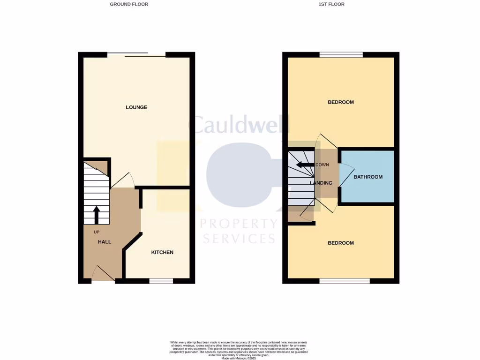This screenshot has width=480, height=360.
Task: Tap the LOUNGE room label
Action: (136, 107)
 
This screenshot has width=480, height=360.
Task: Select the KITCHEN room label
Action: (162, 252)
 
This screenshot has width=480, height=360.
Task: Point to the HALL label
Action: (105, 242)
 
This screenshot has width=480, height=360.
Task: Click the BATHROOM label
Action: (368, 177)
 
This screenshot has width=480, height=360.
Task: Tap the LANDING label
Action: (321, 183)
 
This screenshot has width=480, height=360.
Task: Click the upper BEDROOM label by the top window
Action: (341, 102)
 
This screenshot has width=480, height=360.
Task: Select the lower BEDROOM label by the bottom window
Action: (341, 243)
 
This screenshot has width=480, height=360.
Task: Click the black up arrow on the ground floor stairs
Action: (97, 215)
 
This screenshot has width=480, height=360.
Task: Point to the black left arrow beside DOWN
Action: (305, 165)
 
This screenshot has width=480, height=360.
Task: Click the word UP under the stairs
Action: (97, 232)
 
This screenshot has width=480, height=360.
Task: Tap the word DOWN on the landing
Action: (322, 165)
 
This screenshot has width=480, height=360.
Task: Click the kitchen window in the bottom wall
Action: (161, 281)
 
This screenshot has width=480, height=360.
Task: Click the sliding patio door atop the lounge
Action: (136, 54)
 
